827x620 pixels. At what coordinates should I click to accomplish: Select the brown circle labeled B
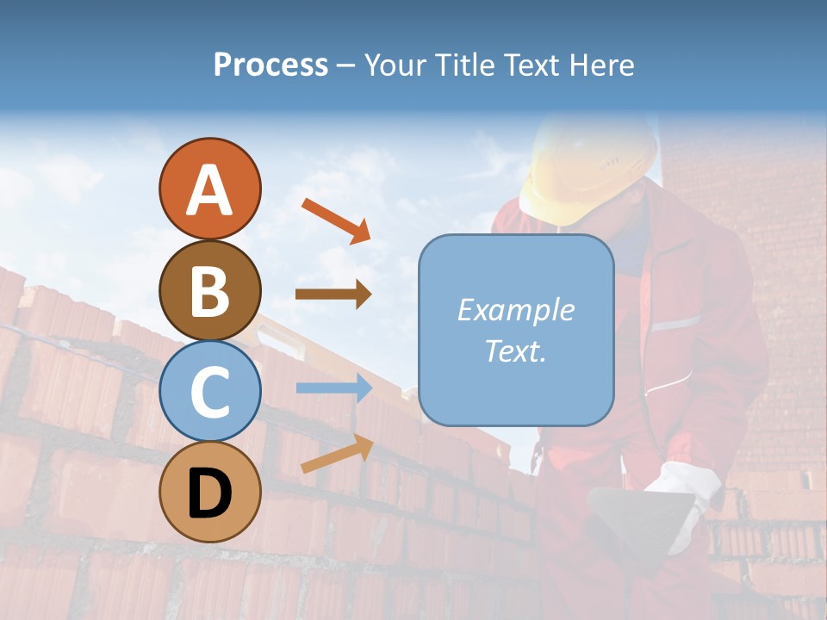[x=209, y=291]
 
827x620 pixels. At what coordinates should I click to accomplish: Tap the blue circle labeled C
[x=209, y=392]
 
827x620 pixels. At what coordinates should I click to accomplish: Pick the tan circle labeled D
[x=209, y=493]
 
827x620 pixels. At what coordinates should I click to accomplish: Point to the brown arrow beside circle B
[x=333, y=294]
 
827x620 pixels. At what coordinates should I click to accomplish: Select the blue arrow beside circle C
[x=333, y=388]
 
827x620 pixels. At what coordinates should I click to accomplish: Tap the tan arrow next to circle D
[x=337, y=454]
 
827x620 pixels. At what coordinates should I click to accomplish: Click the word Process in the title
[x=270, y=65]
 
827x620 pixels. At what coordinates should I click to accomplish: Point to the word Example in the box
[x=515, y=310]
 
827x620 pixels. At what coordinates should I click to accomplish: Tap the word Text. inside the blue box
[x=515, y=350]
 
